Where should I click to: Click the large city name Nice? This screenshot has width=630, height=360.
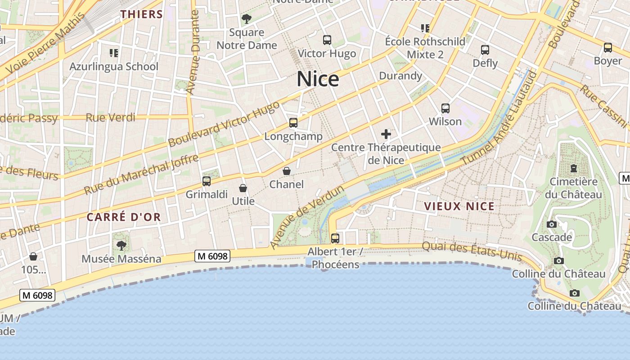pos(318,79)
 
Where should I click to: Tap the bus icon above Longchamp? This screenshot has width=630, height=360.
pos(293,122)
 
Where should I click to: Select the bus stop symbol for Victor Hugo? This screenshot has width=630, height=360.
pos(327,40)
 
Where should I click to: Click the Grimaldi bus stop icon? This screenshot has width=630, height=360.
pos(207,181)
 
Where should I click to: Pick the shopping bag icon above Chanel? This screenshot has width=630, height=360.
pos(287,171)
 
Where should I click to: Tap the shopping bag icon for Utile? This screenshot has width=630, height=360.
pos(243,188)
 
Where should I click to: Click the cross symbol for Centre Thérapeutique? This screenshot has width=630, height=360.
pos(386,134)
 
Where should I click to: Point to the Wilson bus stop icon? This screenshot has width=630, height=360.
pos(445,108)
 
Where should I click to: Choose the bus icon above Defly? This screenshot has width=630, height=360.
pos(485,49)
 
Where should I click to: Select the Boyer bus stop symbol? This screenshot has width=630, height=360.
pos(608,47)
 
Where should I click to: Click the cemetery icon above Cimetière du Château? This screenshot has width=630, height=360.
pos(574,168)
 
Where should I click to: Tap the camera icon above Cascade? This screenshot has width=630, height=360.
pos(552,224)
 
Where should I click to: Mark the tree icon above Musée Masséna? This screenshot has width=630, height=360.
pos(121,245)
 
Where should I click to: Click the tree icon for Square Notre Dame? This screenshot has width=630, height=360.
pos(246,19)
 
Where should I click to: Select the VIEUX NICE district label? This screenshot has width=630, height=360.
pos(459,207)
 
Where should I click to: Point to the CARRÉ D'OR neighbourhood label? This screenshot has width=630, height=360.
pos(124,217)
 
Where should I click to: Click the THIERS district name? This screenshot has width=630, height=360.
pos(141,14)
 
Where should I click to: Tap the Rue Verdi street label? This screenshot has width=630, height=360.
pos(110,117)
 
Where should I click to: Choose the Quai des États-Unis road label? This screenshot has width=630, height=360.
pos(472,252)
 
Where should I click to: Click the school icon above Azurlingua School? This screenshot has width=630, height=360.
pos(114,53)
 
